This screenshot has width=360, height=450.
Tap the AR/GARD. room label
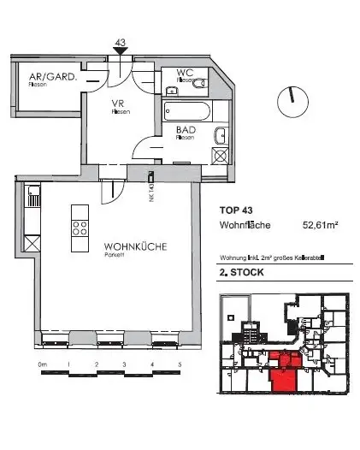42,75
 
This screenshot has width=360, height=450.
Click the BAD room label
185,130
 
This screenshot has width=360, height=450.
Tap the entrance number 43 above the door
120,41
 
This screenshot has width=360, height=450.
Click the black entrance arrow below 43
120,51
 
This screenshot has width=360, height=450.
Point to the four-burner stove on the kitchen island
80,228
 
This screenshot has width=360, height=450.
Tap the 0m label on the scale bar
42,364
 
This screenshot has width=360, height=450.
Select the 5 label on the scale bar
180,364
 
